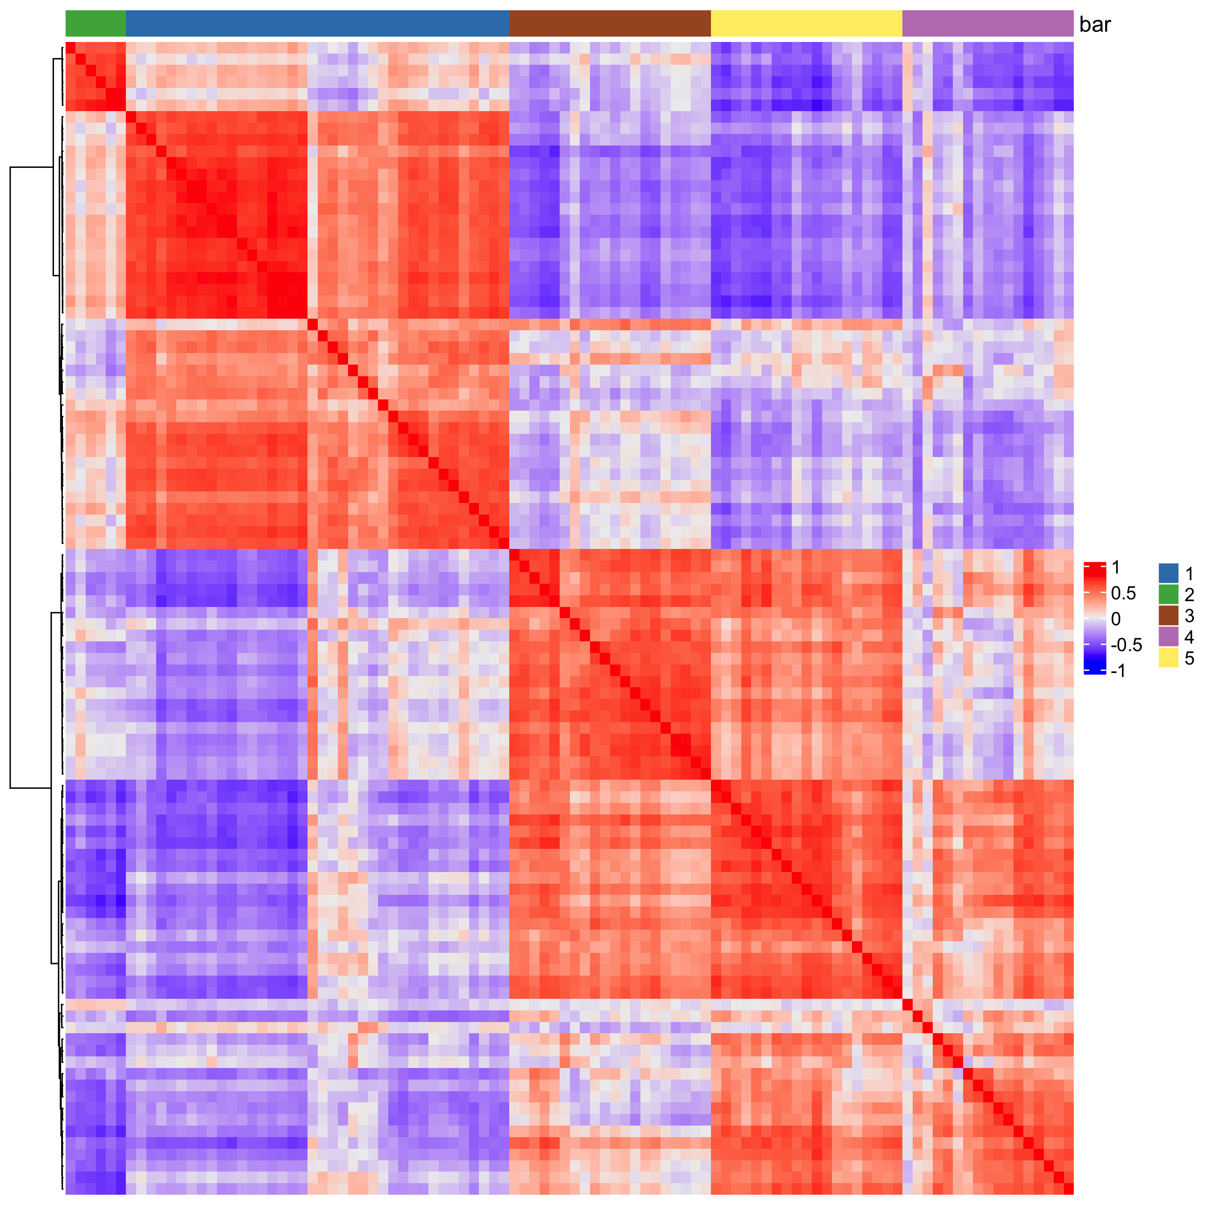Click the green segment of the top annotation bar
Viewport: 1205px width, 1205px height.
point(96,24)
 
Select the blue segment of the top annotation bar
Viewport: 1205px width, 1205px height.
point(317,24)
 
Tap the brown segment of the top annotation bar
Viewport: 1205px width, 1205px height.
point(609,24)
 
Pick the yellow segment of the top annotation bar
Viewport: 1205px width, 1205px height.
point(806,24)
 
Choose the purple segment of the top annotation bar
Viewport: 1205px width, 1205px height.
point(987,24)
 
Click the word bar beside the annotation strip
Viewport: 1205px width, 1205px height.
point(1095,25)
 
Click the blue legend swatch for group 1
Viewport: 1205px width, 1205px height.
point(1168,573)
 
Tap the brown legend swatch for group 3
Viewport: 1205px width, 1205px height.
point(1168,615)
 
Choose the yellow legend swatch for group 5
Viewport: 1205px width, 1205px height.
point(1168,658)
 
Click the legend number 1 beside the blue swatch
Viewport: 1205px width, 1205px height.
point(1189,574)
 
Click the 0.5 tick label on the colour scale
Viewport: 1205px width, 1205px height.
point(1123,593)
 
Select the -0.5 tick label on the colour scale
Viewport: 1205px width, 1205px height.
point(1126,645)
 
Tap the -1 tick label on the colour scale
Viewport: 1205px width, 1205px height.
point(1118,670)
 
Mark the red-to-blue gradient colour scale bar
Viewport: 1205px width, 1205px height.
point(1095,618)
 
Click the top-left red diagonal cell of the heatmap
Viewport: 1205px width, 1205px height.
point(71,47)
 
